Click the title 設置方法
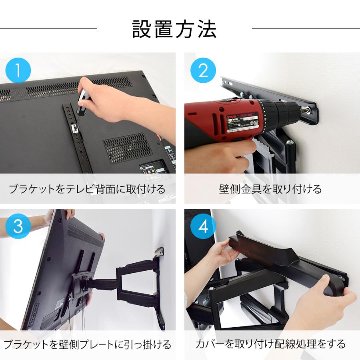[175, 29]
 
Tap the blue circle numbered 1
[18, 71]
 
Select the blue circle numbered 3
[18, 227]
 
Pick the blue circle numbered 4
[203, 227]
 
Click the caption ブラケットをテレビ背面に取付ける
[87, 189]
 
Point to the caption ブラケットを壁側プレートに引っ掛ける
[87, 344]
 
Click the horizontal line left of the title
[48, 29]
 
